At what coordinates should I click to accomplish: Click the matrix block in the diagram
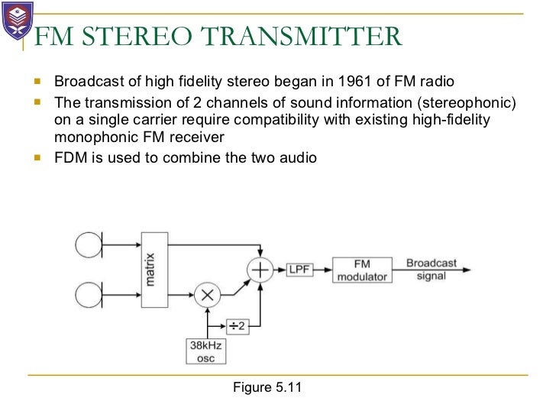point(153,270)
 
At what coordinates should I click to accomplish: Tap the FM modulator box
point(360,270)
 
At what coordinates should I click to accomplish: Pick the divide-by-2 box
point(238,326)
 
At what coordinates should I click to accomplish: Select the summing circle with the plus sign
point(261,270)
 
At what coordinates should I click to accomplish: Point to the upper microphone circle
point(86,245)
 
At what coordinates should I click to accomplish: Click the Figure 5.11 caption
point(267,387)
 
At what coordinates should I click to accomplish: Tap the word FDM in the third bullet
point(69,158)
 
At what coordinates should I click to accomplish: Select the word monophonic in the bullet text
point(91,137)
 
